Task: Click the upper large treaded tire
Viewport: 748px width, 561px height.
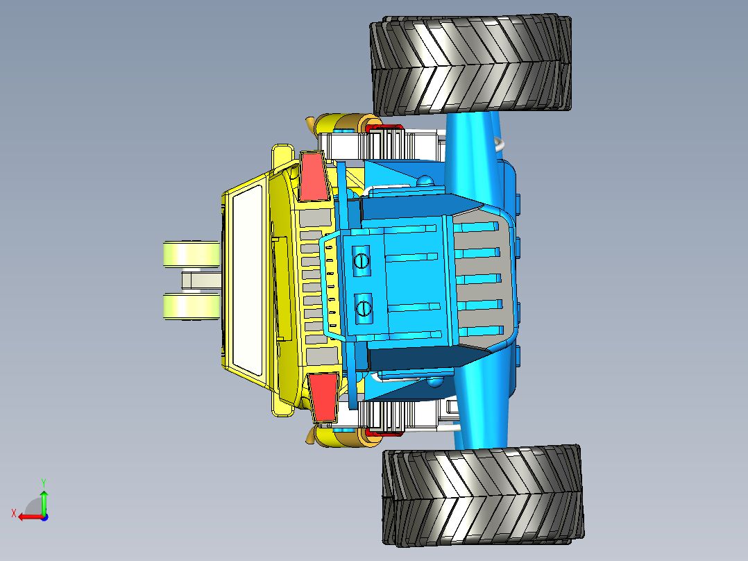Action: click(470, 65)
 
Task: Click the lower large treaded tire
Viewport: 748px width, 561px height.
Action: click(483, 496)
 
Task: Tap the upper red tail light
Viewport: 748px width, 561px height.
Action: click(313, 176)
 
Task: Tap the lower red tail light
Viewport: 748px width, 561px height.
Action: click(323, 397)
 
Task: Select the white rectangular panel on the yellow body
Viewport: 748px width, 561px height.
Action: click(248, 280)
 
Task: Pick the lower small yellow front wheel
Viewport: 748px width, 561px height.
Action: click(192, 306)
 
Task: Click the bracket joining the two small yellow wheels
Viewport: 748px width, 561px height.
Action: click(201, 280)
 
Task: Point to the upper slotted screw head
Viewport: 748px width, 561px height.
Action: click(362, 260)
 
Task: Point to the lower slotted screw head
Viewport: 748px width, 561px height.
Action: click(364, 308)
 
